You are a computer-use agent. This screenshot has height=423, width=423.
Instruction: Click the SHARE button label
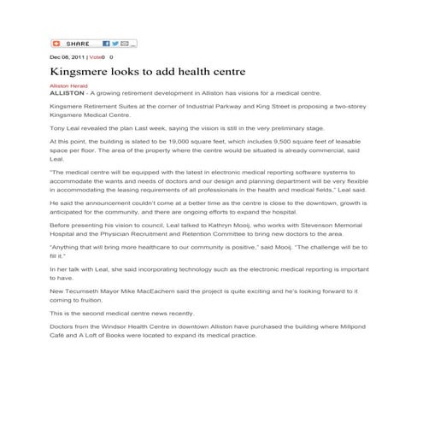tap(78, 43)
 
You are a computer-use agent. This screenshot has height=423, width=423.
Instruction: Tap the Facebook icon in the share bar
tap(106, 43)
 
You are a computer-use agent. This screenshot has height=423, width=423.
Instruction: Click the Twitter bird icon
tap(115, 43)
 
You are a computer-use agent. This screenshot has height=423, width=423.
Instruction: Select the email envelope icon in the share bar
tap(124, 43)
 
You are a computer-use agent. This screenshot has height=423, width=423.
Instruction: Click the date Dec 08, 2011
tap(67, 56)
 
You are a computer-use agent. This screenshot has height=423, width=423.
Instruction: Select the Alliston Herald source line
tap(69, 85)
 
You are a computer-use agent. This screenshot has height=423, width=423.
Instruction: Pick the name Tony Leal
tap(65, 126)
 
